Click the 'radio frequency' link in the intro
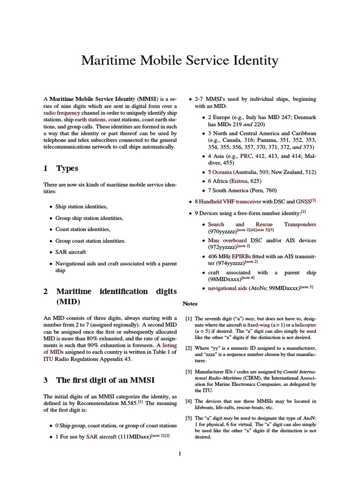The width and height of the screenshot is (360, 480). (x=61, y=113)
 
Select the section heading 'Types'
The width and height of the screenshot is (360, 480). (x=67, y=168)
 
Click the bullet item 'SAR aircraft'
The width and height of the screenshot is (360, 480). (x=71, y=252)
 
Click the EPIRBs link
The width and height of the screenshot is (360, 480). (x=241, y=256)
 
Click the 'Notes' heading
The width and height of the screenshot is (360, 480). (x=191, y=304)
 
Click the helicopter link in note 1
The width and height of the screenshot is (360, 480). (x=302, y=324)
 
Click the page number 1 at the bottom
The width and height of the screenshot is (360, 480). (x=180, y=454)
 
